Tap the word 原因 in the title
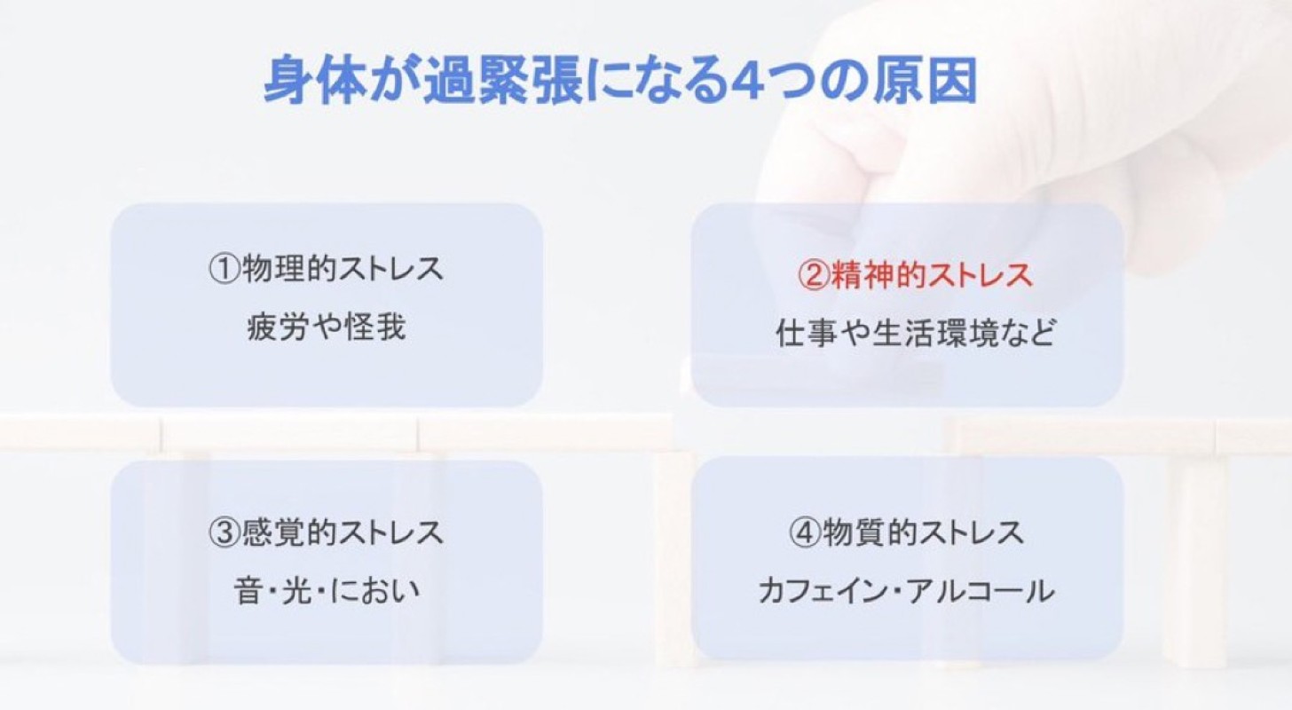tap(924, 80)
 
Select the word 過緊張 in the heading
tap(503, 80)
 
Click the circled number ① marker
tap(224, 270)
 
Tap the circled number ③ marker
tap(224, 532)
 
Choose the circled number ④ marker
tap(804, 532)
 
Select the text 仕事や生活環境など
tap(916, 334)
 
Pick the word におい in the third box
tap(374, 590)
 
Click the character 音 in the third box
tap(248, 590)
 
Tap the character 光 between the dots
tap(297, 590)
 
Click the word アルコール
tap(981, 591)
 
